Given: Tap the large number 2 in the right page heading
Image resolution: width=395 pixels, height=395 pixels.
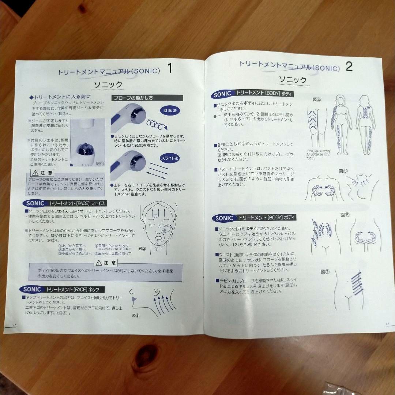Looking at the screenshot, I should (x=349, y=67).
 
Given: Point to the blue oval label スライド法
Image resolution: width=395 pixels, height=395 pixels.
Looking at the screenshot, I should (x=169, y=158).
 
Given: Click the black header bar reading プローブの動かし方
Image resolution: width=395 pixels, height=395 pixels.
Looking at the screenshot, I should (x=147, y=98).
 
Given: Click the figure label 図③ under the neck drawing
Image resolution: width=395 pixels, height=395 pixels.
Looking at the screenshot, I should (x=135, y=314).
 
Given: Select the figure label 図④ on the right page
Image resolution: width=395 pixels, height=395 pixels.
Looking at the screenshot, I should (x=316, y=99).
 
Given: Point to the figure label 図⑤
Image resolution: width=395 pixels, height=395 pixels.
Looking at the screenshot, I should (x=343, y=171).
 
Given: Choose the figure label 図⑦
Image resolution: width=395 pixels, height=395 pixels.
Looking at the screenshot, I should (x=325, y=271).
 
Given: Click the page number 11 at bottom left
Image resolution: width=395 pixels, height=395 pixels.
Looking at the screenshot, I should (x=14, y=325).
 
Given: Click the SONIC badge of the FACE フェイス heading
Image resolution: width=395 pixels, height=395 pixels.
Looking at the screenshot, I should (x=35, y=203).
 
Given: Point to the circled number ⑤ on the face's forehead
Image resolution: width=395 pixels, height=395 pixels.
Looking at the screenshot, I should (x=155, y=216).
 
